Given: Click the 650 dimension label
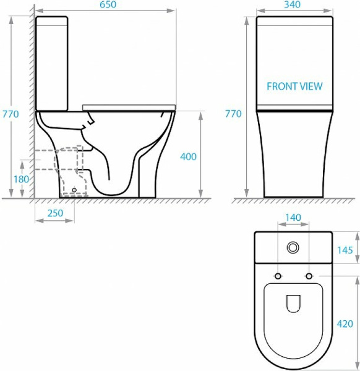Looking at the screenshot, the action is coord(108,5).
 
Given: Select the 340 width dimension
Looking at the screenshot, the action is coord(293,4).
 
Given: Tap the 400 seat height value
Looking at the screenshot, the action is coord(188,156).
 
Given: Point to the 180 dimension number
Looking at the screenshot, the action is coord(21,179).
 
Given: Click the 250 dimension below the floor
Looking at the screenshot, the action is coord(56,213).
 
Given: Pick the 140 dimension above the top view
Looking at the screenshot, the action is coord(293,218).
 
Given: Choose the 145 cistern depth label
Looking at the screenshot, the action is coord(345,250).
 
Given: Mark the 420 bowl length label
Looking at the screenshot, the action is coord(345,323).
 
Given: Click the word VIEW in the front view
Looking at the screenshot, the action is coord(311,87).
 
